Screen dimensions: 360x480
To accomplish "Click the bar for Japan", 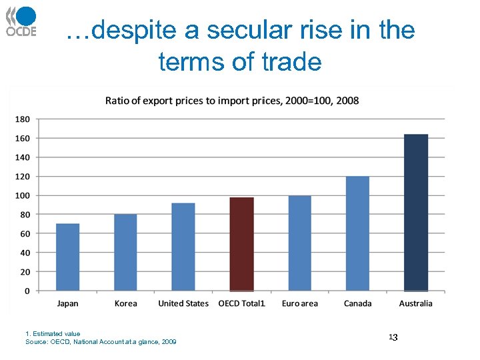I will click(x=67, y=257).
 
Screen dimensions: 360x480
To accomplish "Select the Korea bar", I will click(x=125, y=253).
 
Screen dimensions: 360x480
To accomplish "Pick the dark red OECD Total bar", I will click(x=241, y=244).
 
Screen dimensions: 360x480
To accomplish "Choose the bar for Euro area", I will click(x=299, y=243).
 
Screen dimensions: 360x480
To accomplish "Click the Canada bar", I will click(x=357, y=233).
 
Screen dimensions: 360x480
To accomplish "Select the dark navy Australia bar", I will click(x=416, y=213).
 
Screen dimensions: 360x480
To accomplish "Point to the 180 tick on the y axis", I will click(x=22, y=119).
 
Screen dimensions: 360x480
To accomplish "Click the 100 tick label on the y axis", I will click(x=22, y=195).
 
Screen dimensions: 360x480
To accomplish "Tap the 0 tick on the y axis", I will click(x=27, y=291).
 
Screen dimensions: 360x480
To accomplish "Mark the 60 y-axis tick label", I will click(x=24, y=233).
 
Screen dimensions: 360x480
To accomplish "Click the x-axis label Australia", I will click(x=415, y=303).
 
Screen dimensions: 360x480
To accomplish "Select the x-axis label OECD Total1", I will click(x=241, y=303).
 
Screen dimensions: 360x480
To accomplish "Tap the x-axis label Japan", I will click(x=67, y=303).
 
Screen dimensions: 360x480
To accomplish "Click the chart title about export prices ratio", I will click(x=232, y=101).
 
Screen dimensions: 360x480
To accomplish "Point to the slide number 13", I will click(x=393, y=338).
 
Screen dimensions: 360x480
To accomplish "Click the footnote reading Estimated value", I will click(x=53, y=333).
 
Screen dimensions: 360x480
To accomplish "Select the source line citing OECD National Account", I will click(x=101, y=341).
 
